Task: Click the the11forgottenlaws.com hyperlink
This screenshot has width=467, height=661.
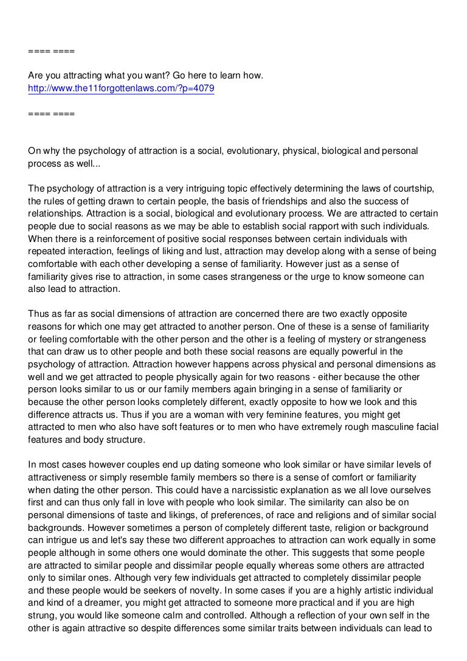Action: point(121,88)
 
